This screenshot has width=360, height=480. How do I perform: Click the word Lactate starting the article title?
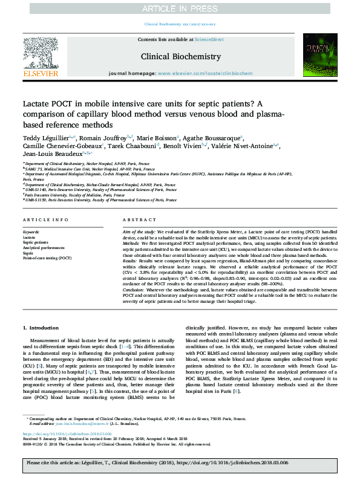pyautogui.click(x=37, y=103)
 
